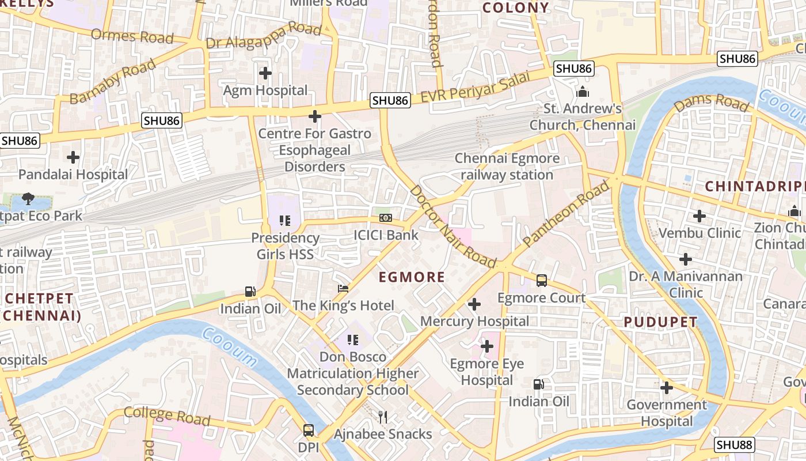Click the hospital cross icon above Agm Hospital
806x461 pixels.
(265, 73)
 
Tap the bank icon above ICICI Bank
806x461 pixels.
(386, 218)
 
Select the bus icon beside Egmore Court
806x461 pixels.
(542, 281)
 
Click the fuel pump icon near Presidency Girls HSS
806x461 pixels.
(250, 292)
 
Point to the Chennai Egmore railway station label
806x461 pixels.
(507, 167)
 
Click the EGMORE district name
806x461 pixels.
(412, 277)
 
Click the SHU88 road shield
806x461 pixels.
(734, 445)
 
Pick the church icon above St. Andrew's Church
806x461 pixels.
(583, 92)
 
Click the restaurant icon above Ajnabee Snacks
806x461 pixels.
(382, 417)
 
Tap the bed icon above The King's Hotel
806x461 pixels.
(343, 288)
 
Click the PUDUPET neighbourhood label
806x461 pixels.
(660, 322)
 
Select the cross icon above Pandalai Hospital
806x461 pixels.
(73, 157)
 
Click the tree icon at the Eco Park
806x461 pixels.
(28, 199)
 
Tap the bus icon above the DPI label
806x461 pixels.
(309, 430)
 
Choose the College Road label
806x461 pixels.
(167, 415)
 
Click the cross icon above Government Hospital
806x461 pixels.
(667, 388)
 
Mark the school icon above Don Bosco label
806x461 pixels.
(353, 340)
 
